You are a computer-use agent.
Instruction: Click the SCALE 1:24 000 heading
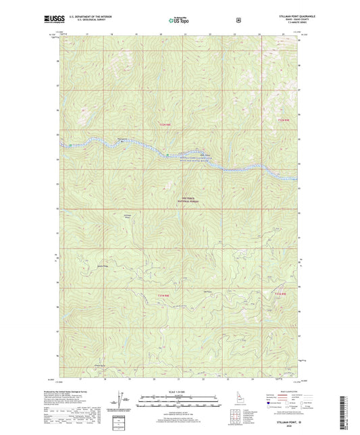tap(179, 392)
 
